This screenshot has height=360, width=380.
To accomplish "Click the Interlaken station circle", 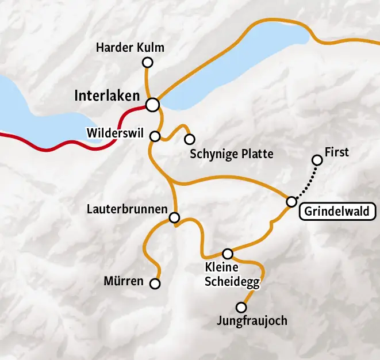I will point(152,105).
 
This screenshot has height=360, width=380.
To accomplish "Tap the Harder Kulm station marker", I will point(147,62).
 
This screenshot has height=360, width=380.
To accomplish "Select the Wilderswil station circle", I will point(155,136).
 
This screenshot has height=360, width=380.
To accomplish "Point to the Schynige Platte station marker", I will point(189,139).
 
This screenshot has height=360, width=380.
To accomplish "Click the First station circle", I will point(317,160).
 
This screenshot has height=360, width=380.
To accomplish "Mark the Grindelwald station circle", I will point(291,201).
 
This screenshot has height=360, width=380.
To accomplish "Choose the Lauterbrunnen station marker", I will point(175,217).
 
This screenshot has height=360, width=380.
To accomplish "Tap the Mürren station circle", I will point(155,284).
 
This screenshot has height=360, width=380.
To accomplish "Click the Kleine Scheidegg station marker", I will point(228,254).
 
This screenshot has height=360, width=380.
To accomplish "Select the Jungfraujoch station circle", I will point(241,308).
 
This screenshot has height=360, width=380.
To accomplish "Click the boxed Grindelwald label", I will point(338,212).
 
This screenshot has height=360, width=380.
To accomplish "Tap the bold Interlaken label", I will point(108,96).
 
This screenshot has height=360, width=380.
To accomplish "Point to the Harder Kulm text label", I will point(130,48).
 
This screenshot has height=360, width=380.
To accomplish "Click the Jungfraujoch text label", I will point(252,321).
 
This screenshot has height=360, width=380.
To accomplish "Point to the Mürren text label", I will point(124,282).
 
